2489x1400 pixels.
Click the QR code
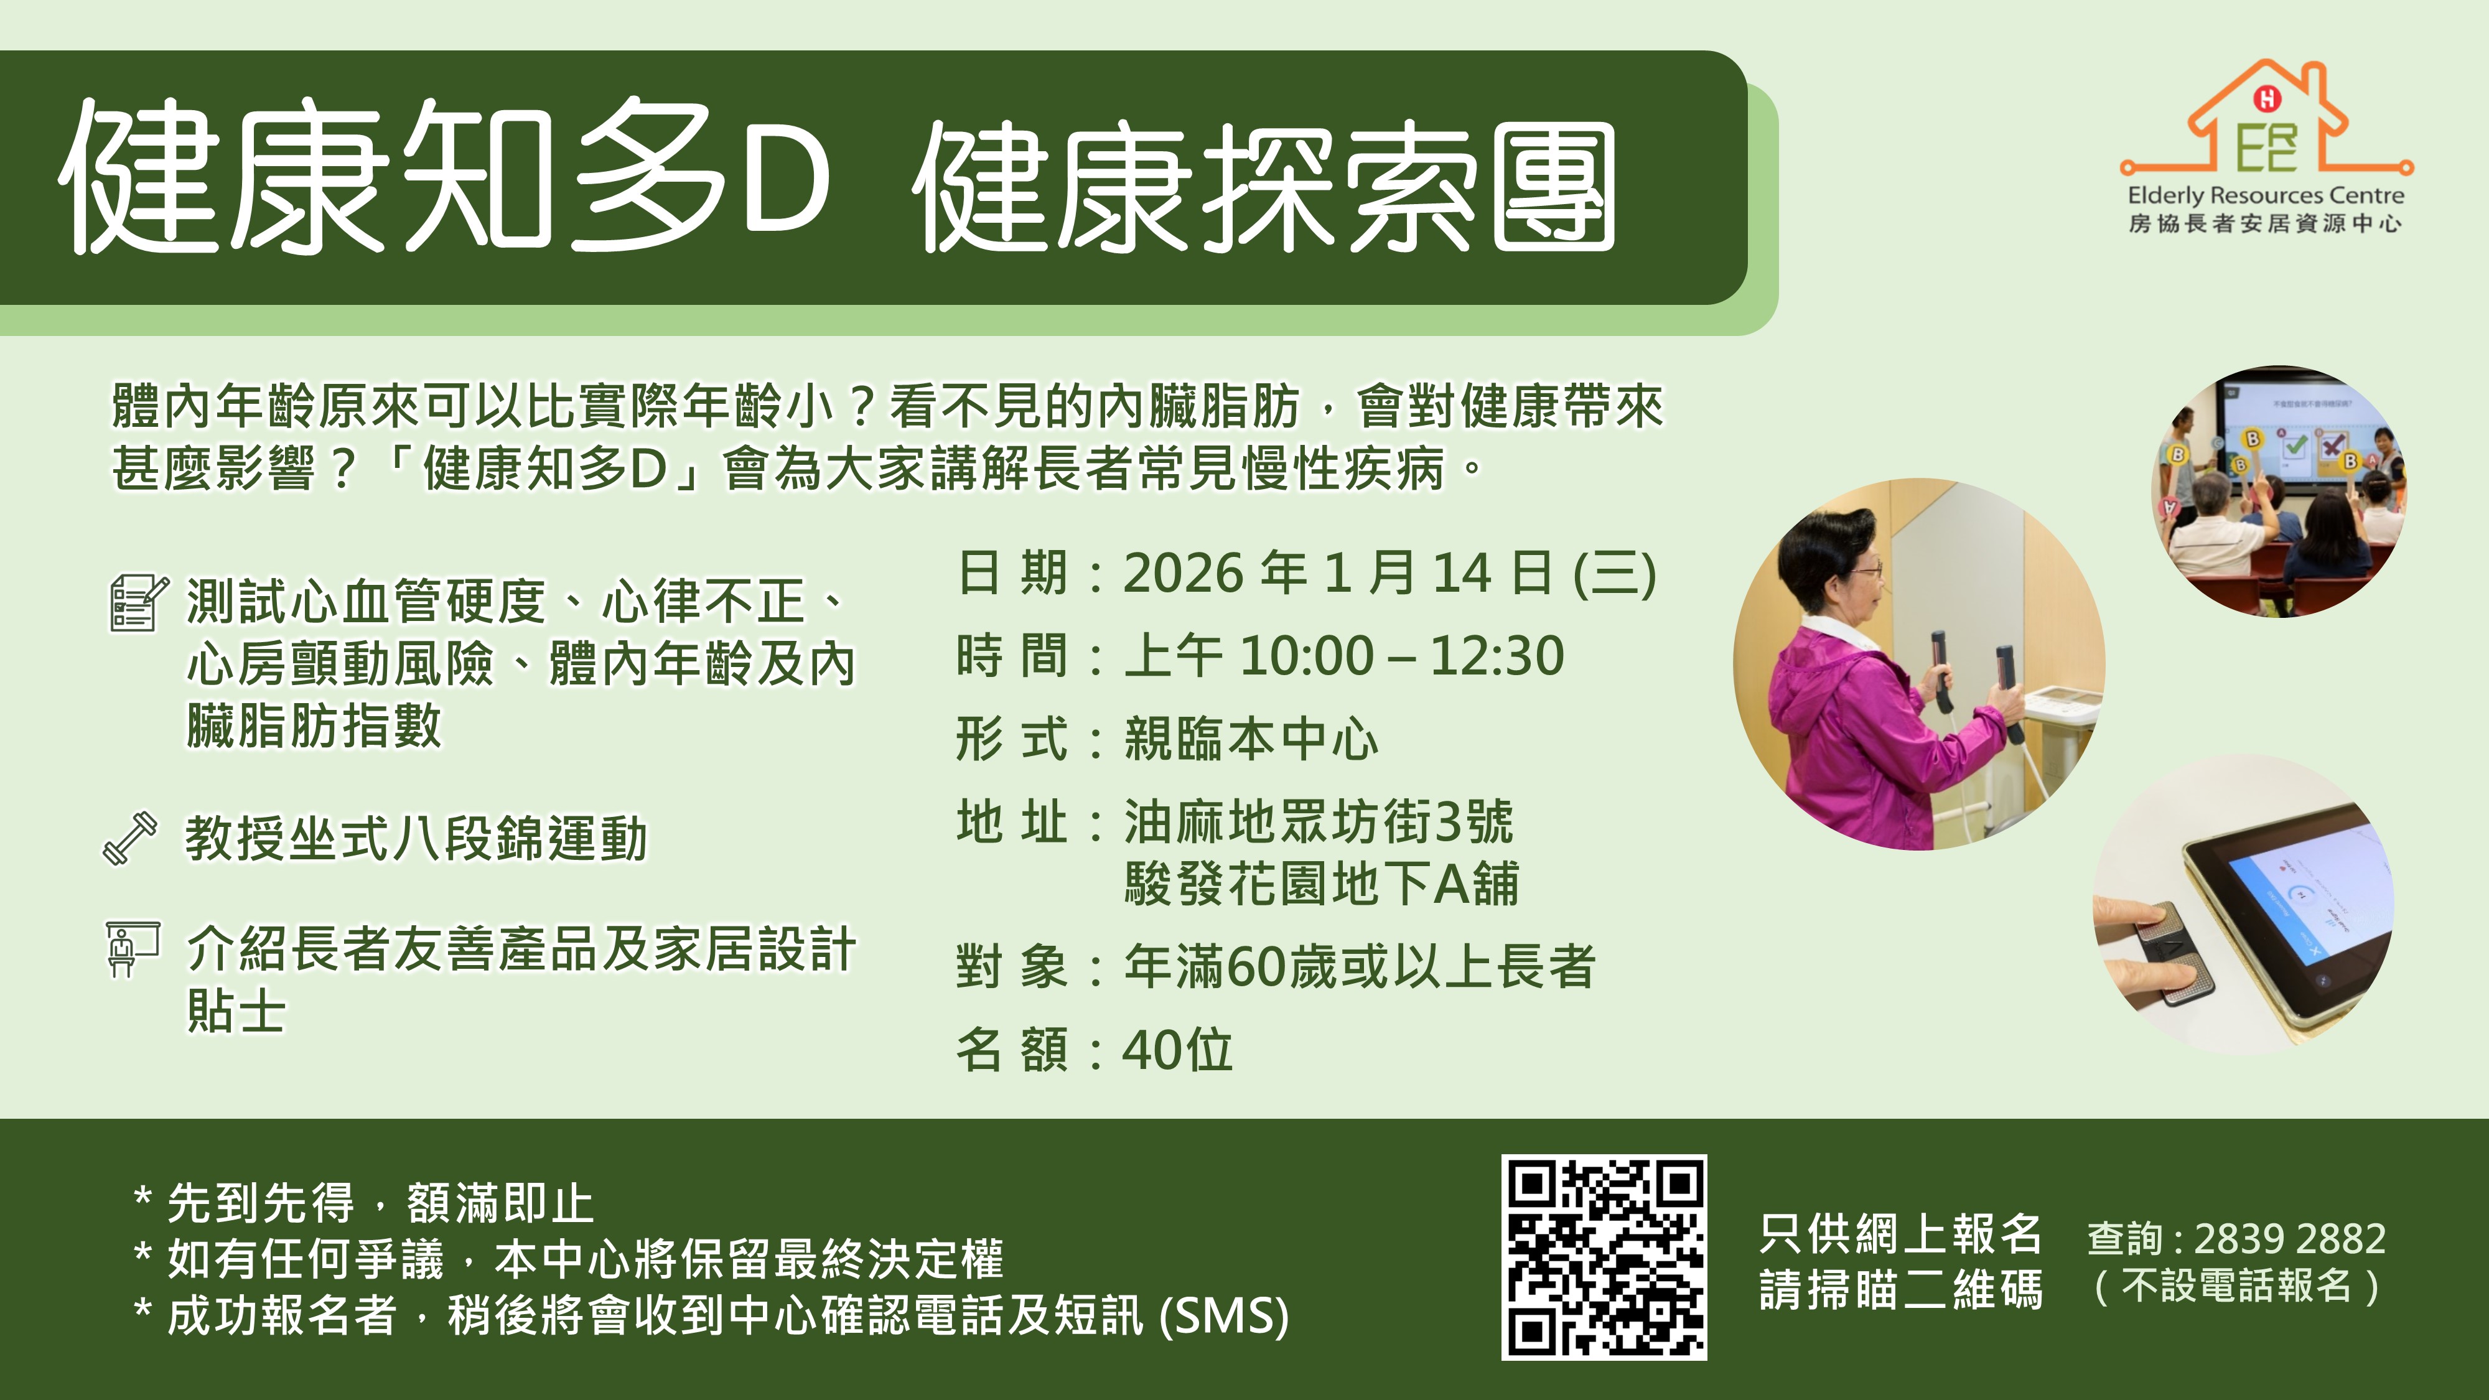click(1604, 1257)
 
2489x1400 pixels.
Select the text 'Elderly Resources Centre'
click(2266, 195)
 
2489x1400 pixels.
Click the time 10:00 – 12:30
click(1401, 656)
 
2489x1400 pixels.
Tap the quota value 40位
click(1177, 1049)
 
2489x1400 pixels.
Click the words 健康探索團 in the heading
click(1266, 189)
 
